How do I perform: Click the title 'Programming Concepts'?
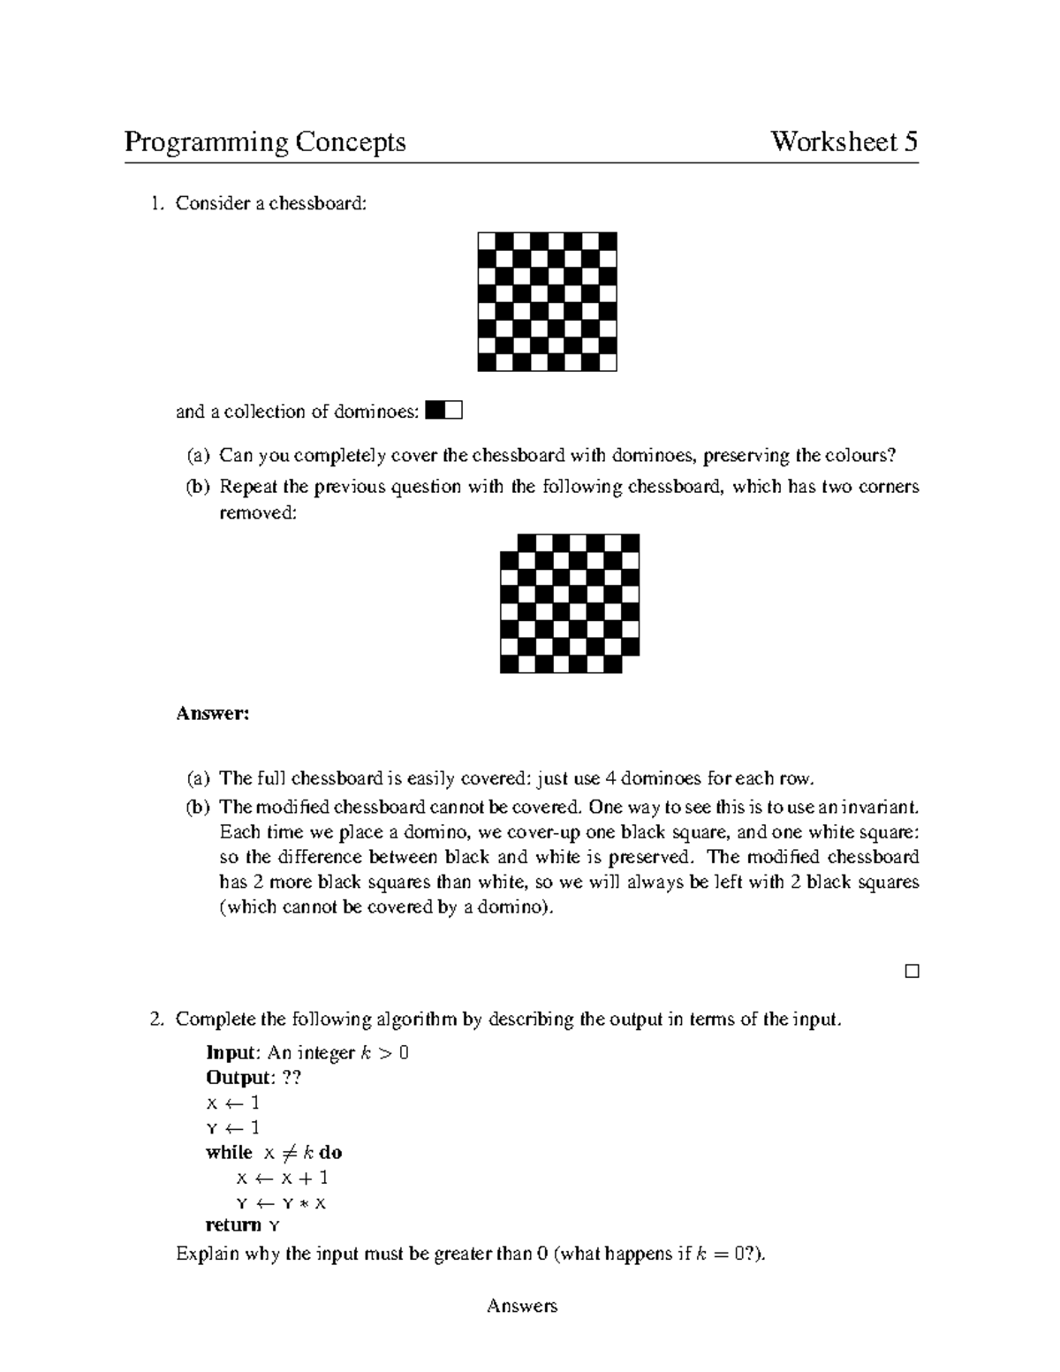point(264,142)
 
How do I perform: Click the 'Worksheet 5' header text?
point(844,142)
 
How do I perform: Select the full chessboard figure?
point(547,301)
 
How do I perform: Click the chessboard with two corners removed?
point(569,603)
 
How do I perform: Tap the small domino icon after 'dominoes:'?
point(443,410)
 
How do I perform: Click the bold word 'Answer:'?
point(212,713)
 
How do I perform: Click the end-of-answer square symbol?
point(912,971)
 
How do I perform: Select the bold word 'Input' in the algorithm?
point(231,1052)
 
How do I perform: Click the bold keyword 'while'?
point(229,1153)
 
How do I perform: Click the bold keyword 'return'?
point(233,1225)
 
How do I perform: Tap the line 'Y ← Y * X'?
point(281,1203)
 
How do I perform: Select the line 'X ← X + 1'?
point(282,1178)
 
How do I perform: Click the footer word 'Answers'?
point(521,1306)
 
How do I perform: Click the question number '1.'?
point(156,203)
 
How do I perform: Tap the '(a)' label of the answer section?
point(198,778)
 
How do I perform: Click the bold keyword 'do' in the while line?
point(330,1153)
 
